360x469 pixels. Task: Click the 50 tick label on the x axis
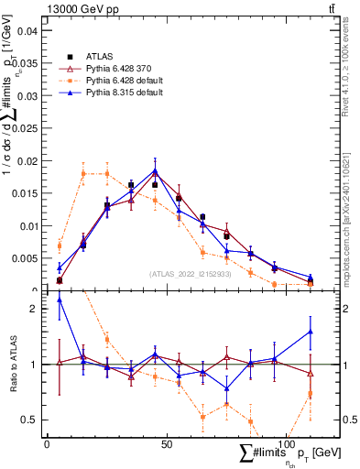[166, 444]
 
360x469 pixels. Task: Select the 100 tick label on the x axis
[286, 444]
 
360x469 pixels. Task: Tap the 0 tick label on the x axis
[47, 444]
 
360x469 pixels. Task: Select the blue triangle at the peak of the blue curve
[155, 170]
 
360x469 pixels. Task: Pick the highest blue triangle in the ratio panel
[60, 300]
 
